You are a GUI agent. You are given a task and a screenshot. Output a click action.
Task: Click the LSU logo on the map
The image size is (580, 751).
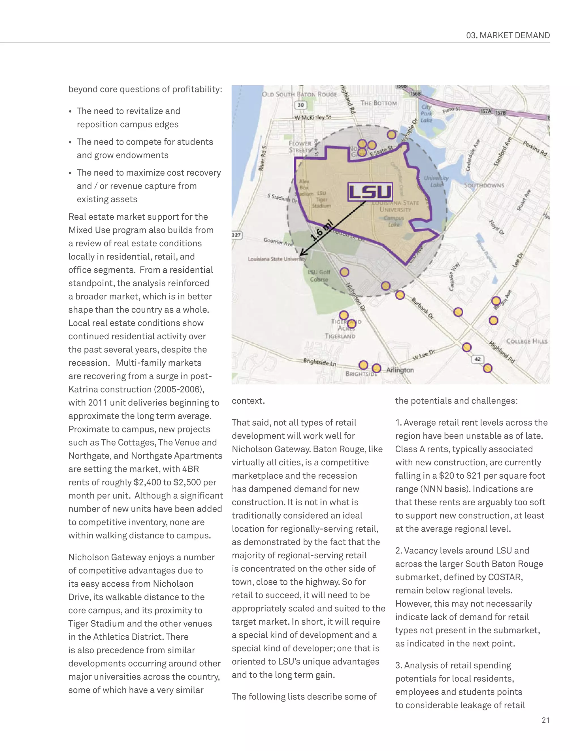pos(370,192)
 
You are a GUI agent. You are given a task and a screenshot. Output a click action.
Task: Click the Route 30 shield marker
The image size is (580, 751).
pos(301,105)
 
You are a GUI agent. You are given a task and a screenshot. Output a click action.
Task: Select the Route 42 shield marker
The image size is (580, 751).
pos(477,359)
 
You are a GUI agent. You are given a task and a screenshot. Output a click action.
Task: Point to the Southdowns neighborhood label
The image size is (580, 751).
pos(484,185)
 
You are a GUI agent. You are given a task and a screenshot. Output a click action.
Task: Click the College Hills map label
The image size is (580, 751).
pos(526,341)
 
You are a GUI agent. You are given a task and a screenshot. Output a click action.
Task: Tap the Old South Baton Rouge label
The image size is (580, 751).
pos(299,94)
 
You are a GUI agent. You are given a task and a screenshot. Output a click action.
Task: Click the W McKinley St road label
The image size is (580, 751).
pos(313,118)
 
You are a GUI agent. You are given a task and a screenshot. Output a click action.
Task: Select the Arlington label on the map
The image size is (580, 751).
pos(400,370)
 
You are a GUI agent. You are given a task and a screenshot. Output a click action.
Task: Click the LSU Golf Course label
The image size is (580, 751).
pos(319,276)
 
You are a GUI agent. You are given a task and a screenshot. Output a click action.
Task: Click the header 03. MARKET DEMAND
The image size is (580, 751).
pos(507,35)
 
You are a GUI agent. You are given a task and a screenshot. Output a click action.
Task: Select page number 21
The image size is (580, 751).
pos(545,720)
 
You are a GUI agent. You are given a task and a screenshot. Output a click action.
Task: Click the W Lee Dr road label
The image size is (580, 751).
pos(423,355)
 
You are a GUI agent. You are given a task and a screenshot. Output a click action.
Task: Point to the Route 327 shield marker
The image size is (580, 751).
pos(236,235)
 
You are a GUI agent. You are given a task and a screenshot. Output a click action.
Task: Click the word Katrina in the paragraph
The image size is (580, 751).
pos(83,389)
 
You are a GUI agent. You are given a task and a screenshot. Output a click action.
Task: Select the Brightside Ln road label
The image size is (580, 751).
pos(319,362)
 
